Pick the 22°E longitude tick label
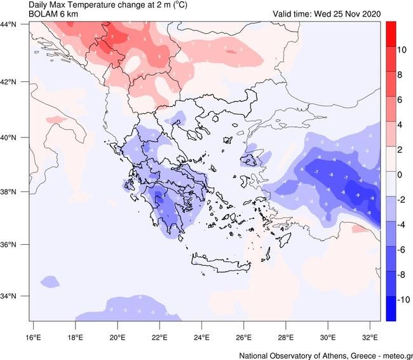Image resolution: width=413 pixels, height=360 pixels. click(x=159, y=336)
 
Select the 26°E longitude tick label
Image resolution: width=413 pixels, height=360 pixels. click(x=243, y=336)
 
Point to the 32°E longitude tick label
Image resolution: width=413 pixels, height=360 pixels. click(x=370, y=336)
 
